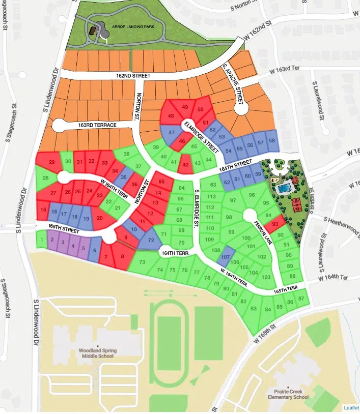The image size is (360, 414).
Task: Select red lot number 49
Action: point(185,107)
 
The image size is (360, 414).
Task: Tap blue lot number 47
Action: point(172,132)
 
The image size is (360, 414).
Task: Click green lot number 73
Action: point(142,262)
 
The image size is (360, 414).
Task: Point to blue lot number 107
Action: point(226,257)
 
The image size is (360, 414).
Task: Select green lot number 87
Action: point(302,298)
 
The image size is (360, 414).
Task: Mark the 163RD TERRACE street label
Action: point(97,125)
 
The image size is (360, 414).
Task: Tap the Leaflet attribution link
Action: point(351,408)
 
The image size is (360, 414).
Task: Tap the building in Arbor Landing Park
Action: point(92,31)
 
